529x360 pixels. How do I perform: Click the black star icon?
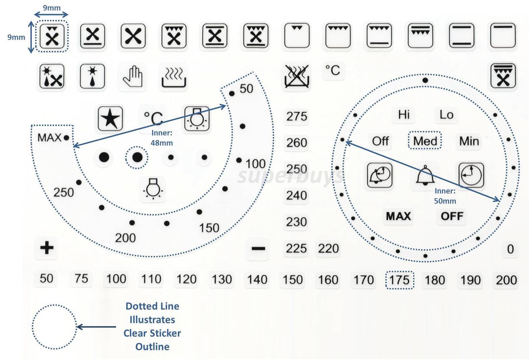tap(110, 119)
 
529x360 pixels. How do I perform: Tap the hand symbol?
tap(133, 76)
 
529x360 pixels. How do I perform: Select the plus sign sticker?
tap(47, 248)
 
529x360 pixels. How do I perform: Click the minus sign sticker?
tap(258, 249)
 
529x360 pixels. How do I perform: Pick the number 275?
tap(297, 116)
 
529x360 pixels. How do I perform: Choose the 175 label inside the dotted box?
tap(399, 280)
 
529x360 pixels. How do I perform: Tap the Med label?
tap(425, 141)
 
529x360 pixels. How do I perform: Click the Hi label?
tap(404, 115)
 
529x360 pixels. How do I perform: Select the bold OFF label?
tap(452, 216)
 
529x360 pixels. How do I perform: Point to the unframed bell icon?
tap(425, 175)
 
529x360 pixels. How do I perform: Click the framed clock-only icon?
tap(471, 175)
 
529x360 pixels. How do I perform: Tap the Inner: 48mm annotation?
tap(162, 138)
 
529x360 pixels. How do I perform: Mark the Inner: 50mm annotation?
tap(445, 196)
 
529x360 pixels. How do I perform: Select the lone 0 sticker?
tap(510, 249)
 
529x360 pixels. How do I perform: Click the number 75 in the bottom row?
tap(81, 278)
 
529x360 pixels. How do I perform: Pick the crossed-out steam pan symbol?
tap(296, 76)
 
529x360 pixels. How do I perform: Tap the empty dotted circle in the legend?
tap(54, 327)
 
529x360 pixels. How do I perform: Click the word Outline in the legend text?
tap(153, 346)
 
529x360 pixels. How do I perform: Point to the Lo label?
tap(446, 115)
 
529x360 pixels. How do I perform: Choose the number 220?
tap(328, 249)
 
